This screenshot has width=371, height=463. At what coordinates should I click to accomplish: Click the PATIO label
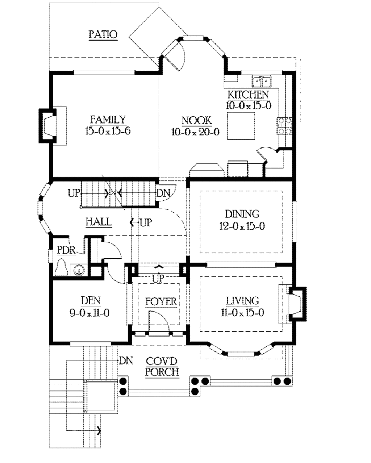coord(103,34)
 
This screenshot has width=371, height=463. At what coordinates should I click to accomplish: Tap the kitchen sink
coord(262,81)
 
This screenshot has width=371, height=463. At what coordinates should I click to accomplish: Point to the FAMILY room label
coord(108,119)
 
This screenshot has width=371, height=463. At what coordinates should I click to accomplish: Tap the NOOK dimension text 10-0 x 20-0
coord(195,132)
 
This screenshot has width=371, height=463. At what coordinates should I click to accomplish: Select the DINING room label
coord(242,214)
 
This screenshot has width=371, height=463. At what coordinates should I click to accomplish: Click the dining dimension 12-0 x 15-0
coord(242,226)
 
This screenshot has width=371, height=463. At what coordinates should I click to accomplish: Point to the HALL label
coord(98,221)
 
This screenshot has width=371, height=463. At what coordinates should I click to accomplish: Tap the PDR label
coord(66,250)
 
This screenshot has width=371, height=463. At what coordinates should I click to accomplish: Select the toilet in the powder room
coord(61,268)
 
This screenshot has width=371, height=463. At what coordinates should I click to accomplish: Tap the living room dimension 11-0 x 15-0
coord(242,312)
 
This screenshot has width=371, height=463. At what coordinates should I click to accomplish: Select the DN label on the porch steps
coord(126,360)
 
